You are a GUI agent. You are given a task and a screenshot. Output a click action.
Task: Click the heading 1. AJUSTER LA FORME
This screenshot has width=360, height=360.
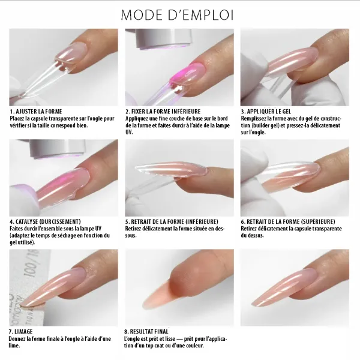35,112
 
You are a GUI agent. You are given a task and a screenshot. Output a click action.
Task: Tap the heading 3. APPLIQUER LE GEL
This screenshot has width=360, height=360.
271,112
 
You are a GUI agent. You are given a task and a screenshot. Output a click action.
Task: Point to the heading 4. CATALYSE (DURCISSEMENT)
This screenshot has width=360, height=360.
45,221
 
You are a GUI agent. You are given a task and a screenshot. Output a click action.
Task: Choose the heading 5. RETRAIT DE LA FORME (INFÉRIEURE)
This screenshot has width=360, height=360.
172,221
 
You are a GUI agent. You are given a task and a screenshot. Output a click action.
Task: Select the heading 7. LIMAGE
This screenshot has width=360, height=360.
21,331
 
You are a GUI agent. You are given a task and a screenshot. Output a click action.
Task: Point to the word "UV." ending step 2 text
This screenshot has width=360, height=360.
129,132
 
